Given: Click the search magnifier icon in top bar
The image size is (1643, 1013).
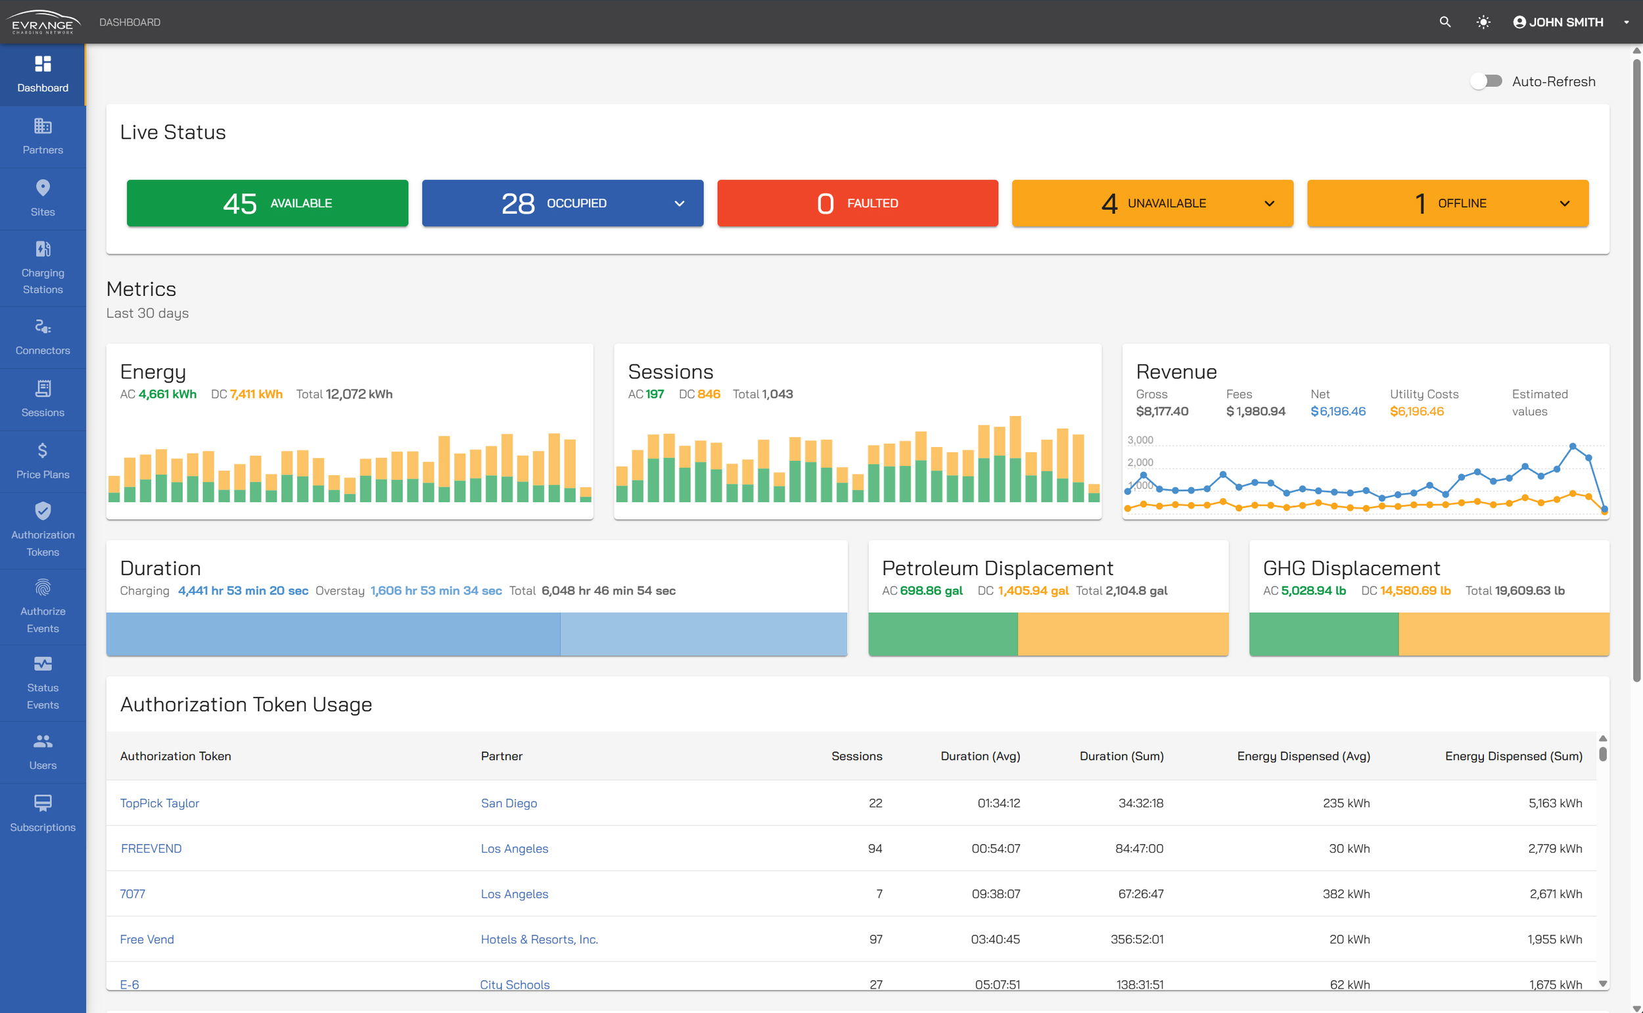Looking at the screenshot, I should (1445, 22).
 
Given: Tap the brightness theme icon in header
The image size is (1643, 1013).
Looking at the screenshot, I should (1483, 22).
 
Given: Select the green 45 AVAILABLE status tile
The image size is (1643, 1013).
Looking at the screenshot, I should (267, 203).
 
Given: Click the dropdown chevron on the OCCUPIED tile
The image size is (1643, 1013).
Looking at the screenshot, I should (679, 204).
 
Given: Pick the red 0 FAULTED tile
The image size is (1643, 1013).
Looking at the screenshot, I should (858, 203).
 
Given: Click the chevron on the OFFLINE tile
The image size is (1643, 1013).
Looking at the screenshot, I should (1564, 204).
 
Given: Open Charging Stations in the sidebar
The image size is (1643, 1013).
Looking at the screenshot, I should (43, 268).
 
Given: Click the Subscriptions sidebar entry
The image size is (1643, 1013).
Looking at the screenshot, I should (43, 813).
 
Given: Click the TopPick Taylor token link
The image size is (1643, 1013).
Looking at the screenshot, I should (160, 803).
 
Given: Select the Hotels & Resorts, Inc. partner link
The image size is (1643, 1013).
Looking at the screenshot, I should (539, 939).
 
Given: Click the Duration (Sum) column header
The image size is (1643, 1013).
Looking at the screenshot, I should (1121, 756).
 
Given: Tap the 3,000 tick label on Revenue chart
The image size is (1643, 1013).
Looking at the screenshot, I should (1140, 440).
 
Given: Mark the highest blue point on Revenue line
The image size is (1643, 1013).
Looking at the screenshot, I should (1572, 446).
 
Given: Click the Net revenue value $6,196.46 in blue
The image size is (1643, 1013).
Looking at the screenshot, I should (1337, 411).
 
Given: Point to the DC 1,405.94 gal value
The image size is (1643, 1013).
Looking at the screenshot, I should (1033, 590).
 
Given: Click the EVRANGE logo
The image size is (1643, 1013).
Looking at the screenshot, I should (43, 22).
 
